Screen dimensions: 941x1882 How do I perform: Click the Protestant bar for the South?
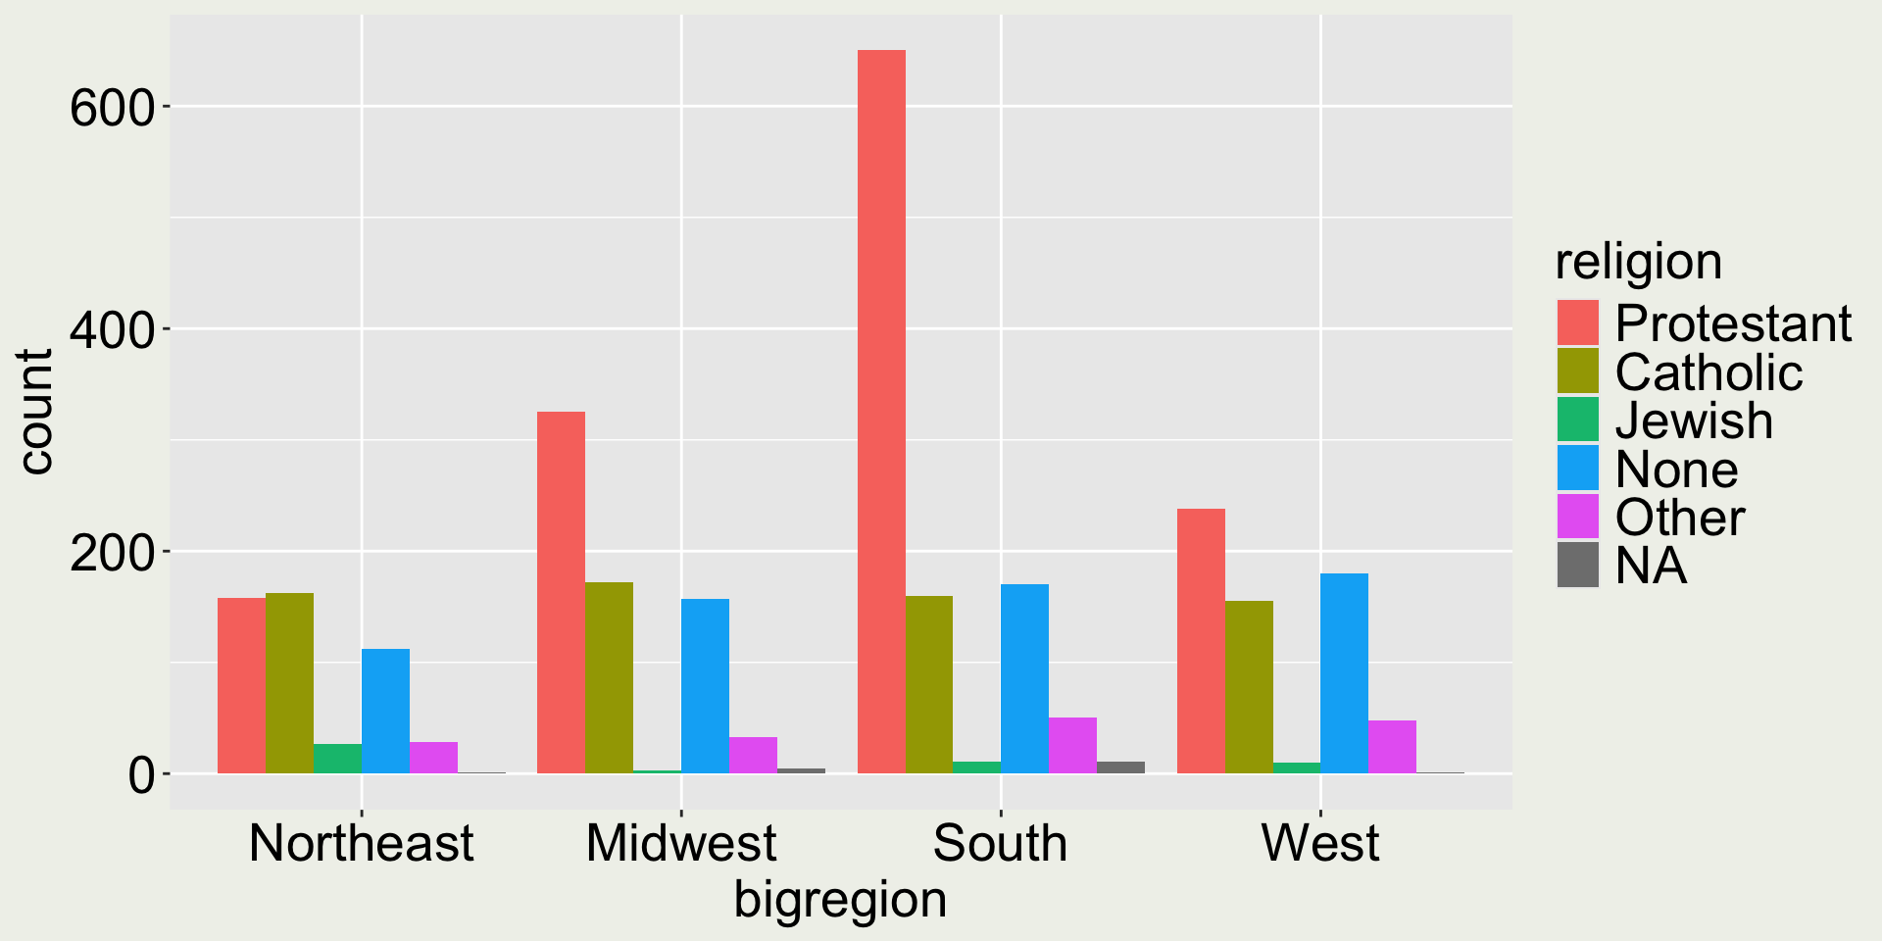pos(881,412)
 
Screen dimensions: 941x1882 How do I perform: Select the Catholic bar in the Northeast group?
pos(289,683)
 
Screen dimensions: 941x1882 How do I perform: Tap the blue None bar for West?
pos(1344,673)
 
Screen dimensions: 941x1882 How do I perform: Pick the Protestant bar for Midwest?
pos(561,592)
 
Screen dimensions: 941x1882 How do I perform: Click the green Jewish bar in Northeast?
pos(337,759)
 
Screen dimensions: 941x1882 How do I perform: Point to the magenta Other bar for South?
pos(1072,746)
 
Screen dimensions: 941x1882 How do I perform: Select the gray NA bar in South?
pos(1120,768)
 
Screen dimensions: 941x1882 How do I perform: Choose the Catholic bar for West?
pos(1249,687)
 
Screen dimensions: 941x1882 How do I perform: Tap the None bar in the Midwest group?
pos(705,686)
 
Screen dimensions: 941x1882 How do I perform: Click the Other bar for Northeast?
pos(433,758)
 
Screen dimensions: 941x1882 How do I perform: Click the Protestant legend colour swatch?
pos(1577,322)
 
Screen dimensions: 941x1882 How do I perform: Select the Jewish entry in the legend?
pos(1694,420)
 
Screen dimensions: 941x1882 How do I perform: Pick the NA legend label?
pos(1651,566)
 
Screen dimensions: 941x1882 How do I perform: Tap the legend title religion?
pos(1638,262)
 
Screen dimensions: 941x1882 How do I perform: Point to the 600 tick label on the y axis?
pos(113,107)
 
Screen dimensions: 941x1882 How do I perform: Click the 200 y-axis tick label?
pos(113,552)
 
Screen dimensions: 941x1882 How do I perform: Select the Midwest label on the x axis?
pos(681,843)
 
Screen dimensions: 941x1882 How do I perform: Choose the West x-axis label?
pos(1319,843)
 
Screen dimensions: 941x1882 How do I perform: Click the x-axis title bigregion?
pos(840,900)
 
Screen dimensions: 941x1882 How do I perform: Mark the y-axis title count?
pos(35,412)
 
